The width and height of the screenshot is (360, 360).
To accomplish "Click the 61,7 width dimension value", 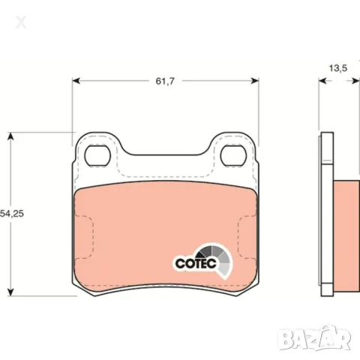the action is pyautogui.click(x=165, y=81).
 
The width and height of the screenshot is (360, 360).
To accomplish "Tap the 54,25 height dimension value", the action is pyautogui.click(x=12, y=214).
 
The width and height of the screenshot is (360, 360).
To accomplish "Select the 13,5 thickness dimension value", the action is pyautogui.click(x=338, y=68).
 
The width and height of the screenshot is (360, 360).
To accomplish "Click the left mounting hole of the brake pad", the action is pyautogui.click(x=97, y=155).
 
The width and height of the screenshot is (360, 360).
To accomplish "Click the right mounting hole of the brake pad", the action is pyautogui.click(x=233, y=155).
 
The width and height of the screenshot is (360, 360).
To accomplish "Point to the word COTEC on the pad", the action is pyautogui.click(x=196, y=263).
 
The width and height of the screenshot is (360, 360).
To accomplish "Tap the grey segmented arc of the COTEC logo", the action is pyautogui.click(x=220, y=257).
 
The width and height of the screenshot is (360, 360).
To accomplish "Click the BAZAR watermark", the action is pyautogui.click(x=314, y=337).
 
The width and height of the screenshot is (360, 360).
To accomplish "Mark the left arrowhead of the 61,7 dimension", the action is pyautogui.click(x=76, y=81).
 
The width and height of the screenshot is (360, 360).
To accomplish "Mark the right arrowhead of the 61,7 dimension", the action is pyautogui.click(x=255, y=81).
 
